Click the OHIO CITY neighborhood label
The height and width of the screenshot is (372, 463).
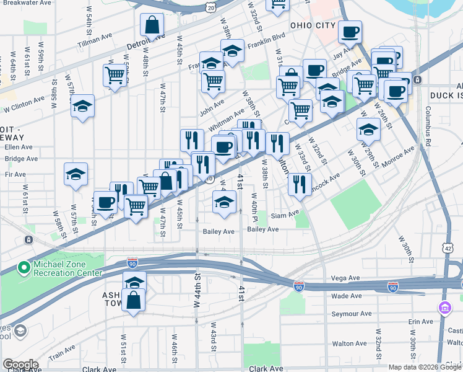click(313, 26)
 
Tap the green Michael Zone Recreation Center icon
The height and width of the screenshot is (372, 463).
click(24, 268)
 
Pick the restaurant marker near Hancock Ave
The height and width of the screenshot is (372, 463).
click(299, 183)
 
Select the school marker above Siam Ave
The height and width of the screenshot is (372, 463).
click(225, 200)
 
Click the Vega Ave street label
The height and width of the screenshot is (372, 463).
click(345, 278)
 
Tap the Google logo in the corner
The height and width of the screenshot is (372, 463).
click(20, 365)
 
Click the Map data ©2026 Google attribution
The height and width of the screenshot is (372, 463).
click(425, 367)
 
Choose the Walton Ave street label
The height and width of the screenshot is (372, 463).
click(348, 343)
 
